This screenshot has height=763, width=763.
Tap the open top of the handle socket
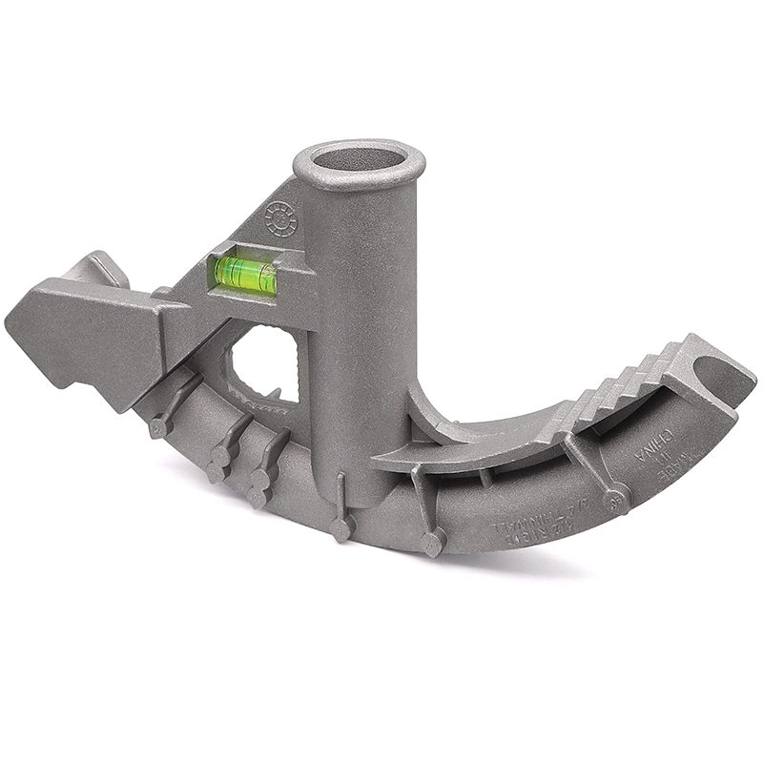point(358,160)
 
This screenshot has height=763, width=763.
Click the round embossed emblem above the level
point(281,219)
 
